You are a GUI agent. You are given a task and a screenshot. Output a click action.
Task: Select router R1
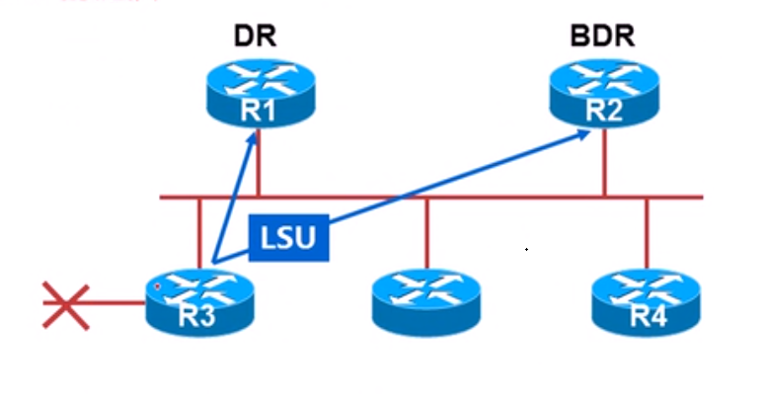click(257, 94)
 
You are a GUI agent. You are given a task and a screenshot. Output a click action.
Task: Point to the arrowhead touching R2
click(586, 132)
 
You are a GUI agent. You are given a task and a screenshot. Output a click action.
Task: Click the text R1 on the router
click(257, 111)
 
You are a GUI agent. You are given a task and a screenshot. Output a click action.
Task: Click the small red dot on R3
click(156, 287)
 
